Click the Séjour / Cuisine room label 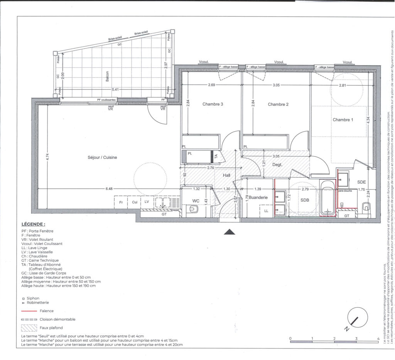(x=102, y=158)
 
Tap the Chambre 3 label (x=213, y=104)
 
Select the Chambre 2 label (x=278, y=104)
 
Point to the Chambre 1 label (x=343, y=120)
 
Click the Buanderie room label (x=258, y=197)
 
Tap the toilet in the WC (x=193, y=209)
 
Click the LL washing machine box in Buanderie (x=266, y=210)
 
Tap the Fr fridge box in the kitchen (x=121, y=202)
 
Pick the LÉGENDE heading (x=33, y=224)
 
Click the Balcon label (x=107, y=74)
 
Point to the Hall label (x=227, y=175)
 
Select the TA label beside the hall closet (x=216, y=156)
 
